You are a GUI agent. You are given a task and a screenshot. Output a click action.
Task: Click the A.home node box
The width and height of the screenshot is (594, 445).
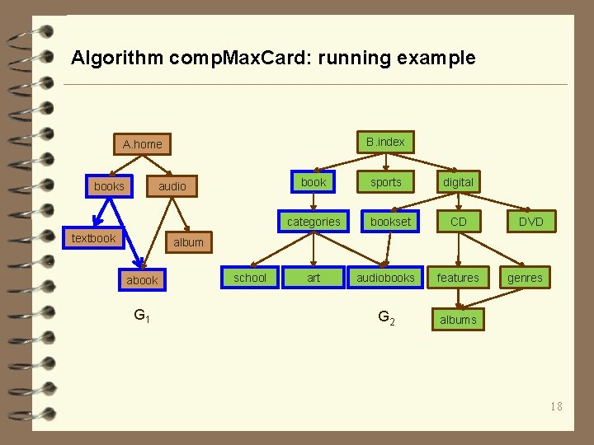[x=143, y=144]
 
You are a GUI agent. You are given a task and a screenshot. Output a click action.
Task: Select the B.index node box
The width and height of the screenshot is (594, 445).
[x=385, y=142]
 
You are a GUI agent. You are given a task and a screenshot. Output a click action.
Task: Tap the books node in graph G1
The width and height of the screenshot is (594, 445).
[x=109, y=186]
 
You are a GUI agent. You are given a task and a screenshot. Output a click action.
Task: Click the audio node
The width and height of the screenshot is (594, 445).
[x=172, y=186]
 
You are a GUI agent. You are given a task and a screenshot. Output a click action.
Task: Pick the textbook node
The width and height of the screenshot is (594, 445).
[x=94, y=238]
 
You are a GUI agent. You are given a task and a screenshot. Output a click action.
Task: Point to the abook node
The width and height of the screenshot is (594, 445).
[x=142, y=280]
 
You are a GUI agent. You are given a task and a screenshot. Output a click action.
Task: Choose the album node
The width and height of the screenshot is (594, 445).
[x=188, y=242]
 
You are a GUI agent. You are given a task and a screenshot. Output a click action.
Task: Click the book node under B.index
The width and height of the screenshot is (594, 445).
[x=313, y=181]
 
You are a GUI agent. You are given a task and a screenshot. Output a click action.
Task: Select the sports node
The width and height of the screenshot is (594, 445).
[x=385, y=182]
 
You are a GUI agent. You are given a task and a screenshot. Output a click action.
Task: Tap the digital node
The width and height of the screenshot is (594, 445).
[x=458, y=182]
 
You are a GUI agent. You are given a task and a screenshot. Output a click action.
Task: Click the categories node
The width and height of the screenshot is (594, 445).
[x=313, y=222]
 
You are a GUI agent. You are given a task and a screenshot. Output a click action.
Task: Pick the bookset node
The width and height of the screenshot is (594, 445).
[x=390, y=222]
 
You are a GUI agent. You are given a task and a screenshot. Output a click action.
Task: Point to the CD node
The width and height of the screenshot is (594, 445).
[x=458, y=222]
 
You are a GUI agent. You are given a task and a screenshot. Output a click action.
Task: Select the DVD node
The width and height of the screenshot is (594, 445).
[x=530, y=222]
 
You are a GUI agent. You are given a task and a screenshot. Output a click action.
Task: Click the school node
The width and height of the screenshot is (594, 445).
[x=250, y=278]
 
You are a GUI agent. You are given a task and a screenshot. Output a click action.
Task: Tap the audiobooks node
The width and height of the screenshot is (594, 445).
[x=385, y=278]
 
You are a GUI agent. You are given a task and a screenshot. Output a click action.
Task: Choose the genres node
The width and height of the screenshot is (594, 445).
[x=525, y=278]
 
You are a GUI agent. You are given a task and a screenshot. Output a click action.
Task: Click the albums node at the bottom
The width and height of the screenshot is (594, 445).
[x=458, y=320]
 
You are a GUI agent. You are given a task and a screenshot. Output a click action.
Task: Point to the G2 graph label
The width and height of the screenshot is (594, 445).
[x=385, y=317]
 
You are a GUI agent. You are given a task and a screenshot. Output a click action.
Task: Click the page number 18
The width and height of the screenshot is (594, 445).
[x=556, y=405]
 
